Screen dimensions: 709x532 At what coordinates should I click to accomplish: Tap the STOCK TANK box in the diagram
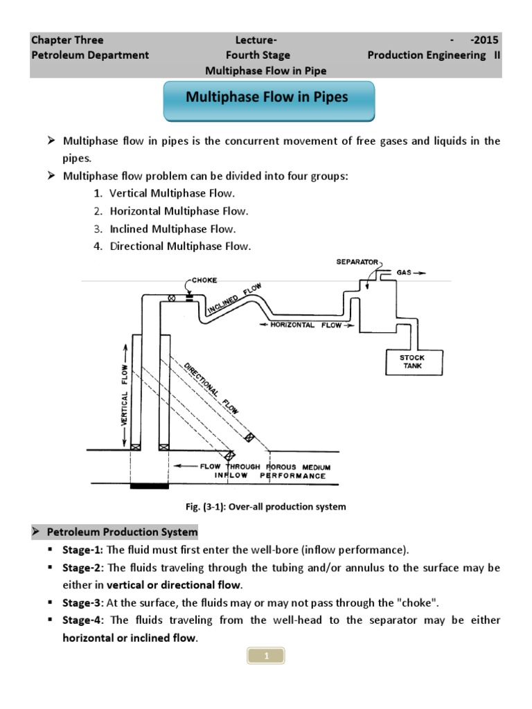coord(413,361)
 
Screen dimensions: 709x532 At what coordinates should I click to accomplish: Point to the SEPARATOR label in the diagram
coord(357,262)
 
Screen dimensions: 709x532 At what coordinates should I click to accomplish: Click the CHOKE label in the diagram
coord(204,280)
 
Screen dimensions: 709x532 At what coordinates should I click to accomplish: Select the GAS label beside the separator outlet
coord(405,273)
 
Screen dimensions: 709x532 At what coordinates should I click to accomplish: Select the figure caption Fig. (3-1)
coord(266,507)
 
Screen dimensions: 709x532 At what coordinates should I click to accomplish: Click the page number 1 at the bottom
coord(266,655)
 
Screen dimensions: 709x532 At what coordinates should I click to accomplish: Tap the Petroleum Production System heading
coord(121,532)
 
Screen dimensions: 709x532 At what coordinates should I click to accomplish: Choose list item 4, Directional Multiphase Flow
coord(181,246)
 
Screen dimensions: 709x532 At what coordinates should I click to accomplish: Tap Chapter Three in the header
coord(67,39)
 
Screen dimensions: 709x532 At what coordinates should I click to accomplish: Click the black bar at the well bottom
coord(149,486)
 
